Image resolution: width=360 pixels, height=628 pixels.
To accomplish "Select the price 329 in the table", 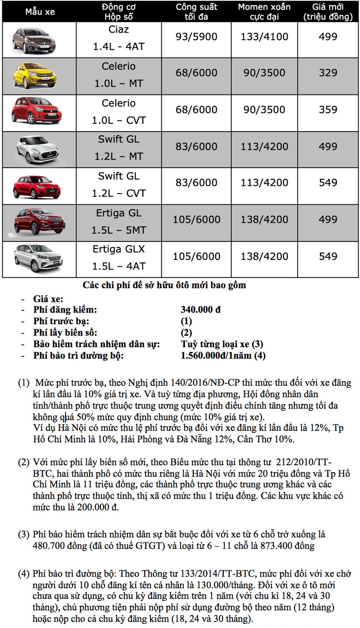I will coord(328,73).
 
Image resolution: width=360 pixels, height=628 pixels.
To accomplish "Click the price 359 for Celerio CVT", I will coord(328,109).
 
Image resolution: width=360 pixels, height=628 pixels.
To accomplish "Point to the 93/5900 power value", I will coord(196,37).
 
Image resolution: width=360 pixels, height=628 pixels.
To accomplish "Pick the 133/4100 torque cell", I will coord(264,37).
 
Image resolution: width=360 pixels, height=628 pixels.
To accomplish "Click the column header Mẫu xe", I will coord(40,12).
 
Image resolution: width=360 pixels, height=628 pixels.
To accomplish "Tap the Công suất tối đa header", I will coord(196,12).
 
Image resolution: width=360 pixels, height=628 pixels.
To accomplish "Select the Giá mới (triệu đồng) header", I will coord(328,12).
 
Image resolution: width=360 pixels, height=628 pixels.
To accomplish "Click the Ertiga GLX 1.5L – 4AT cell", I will coord(118,258).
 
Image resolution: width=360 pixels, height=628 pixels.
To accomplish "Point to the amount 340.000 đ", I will coord(201,310).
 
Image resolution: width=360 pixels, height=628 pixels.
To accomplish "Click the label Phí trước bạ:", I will coord(61,321).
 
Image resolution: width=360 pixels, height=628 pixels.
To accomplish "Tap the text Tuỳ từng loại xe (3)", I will coord(222,344).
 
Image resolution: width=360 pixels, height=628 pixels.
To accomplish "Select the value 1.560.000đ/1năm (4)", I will coord(223,355).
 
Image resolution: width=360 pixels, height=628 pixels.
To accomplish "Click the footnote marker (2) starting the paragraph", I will coord(24,462).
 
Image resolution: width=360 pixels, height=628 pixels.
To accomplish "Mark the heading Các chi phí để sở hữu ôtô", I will coord(164,285).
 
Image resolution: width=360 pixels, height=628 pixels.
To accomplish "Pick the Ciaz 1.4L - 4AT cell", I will coord(118,38).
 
